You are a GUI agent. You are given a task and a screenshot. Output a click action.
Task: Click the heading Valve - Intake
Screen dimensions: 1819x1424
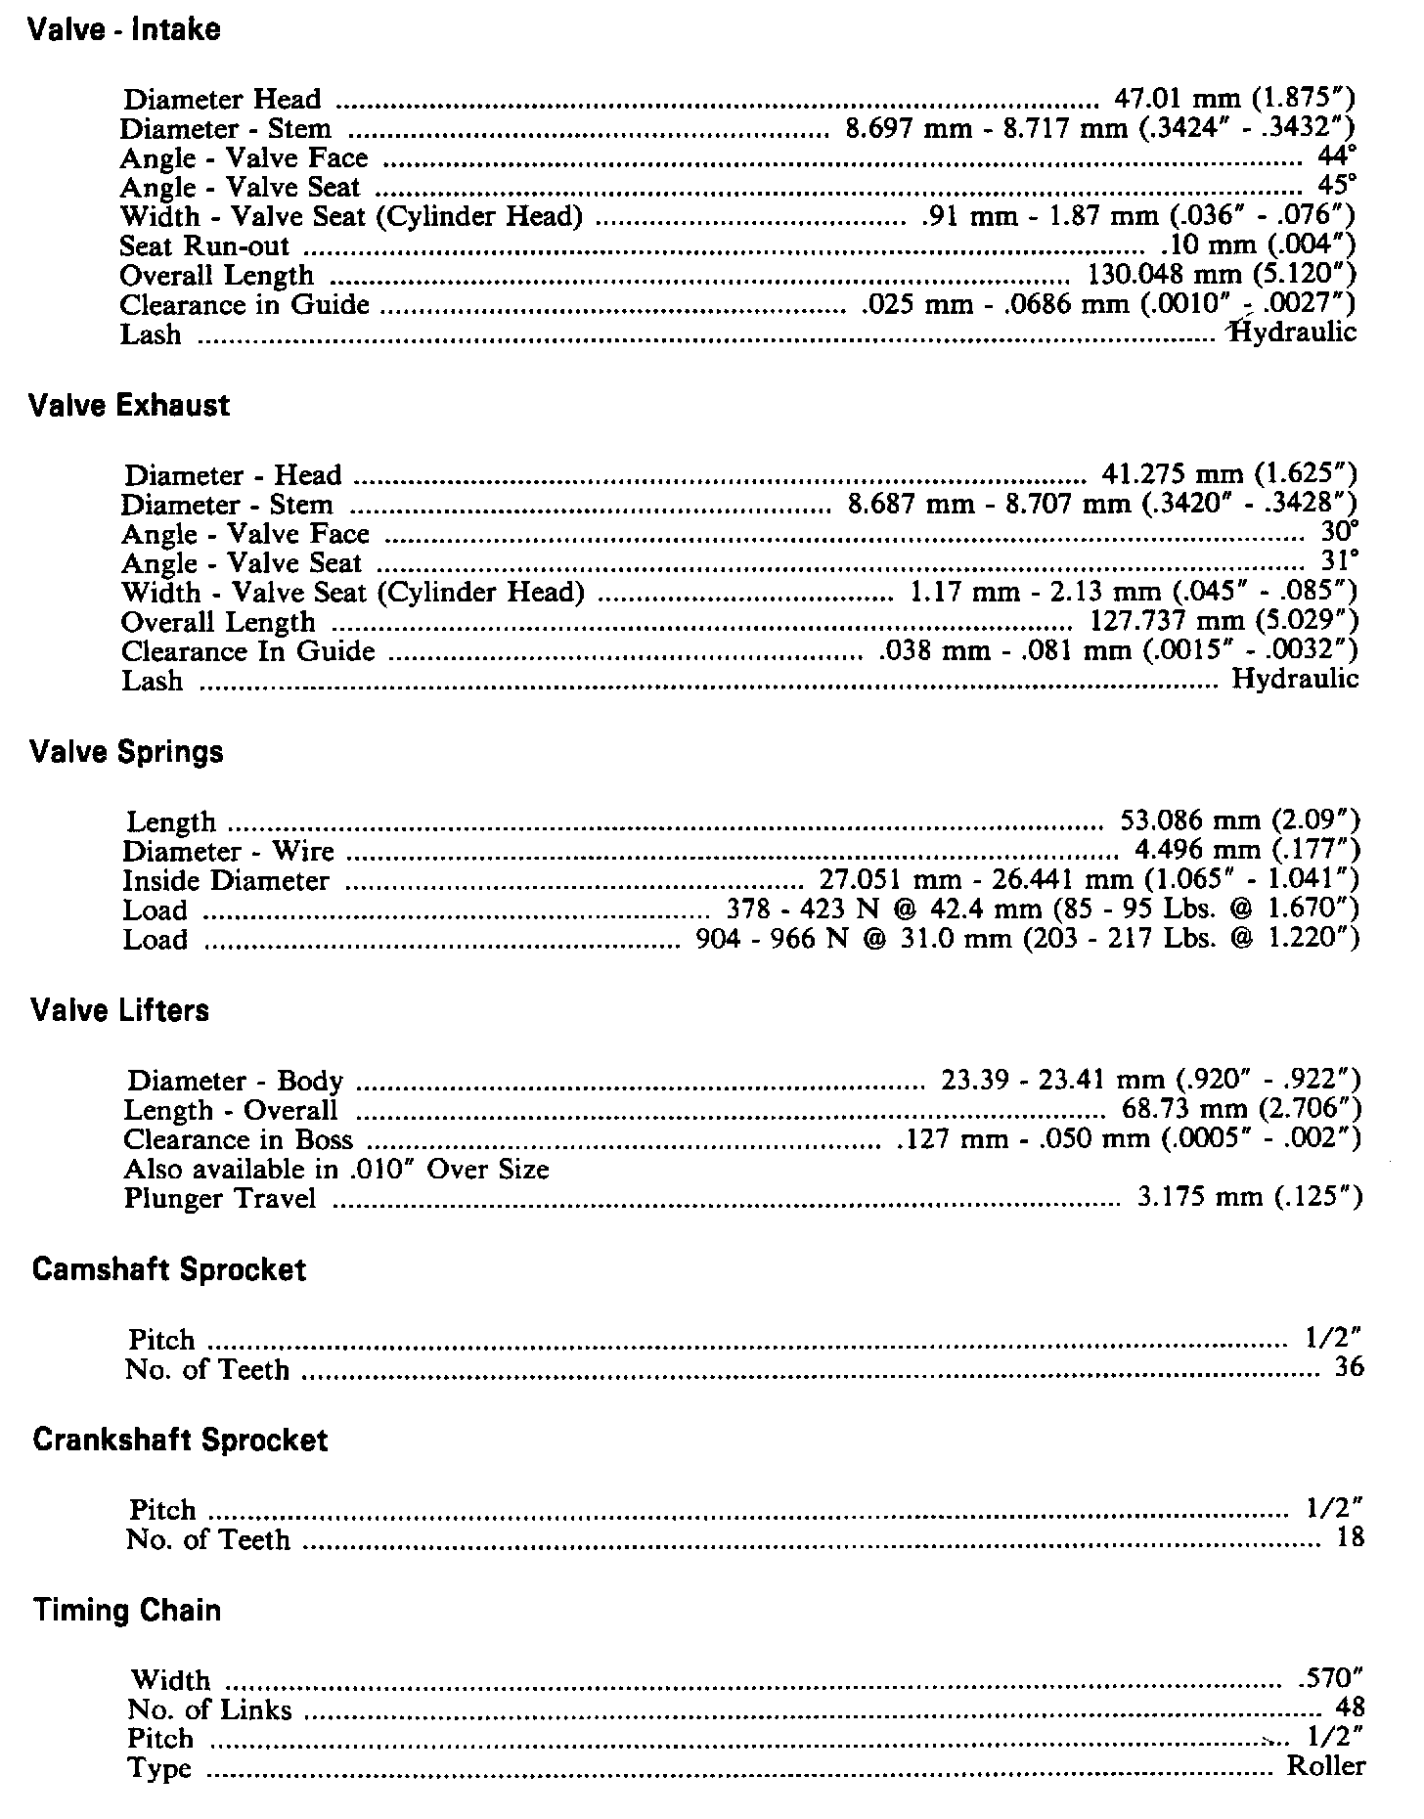click(124, 30)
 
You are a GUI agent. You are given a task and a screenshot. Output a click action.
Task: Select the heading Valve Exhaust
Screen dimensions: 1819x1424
click(129, 406)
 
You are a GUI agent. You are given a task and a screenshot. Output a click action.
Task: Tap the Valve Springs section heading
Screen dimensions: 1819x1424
click(126, 752)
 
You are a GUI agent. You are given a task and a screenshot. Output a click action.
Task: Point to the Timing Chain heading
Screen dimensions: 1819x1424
click(126, 1610)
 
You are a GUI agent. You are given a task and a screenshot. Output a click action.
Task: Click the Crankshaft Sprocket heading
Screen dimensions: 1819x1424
click(180, 1440)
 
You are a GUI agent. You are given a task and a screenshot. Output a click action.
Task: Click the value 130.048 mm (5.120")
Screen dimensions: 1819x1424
click(1222, 275)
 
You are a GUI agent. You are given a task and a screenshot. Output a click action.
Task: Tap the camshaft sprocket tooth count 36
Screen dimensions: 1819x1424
click(1349, 1367)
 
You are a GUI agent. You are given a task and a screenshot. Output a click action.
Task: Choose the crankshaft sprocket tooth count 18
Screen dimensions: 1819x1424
click(1350, 1537)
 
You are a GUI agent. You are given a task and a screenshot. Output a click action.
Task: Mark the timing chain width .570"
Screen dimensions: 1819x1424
click(1330, 1678)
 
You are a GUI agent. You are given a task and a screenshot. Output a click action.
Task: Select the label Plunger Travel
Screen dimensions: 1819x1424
click(220, 1198)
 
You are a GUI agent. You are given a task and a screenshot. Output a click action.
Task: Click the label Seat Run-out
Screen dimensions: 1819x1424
click(204, 246)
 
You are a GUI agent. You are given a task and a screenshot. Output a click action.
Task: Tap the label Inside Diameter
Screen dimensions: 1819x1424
click(226, 881)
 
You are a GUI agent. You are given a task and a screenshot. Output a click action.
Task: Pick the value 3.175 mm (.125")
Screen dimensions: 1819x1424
click(1249, 1198)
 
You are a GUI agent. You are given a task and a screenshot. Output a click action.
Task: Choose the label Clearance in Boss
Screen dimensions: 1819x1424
click(238, 1140)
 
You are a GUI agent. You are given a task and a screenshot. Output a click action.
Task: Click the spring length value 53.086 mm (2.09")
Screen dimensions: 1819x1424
click(1239, 821)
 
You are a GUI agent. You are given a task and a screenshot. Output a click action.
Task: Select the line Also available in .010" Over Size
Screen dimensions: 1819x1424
click(336, 1170)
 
